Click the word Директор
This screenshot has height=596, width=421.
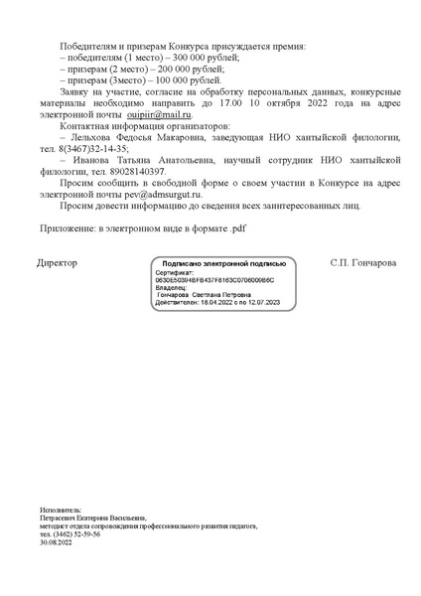[x=57, y=263]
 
